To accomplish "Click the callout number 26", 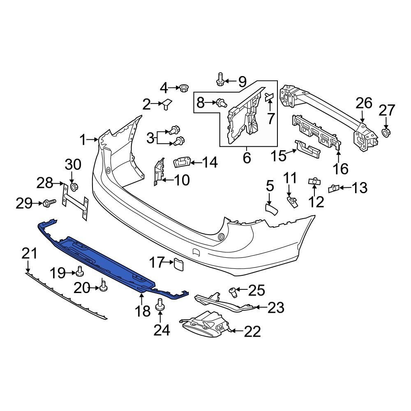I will pos(364,103).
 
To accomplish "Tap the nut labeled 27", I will pos(386,132).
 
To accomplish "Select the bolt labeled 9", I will pos(219,79).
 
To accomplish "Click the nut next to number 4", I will pos(183,88).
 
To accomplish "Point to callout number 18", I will pos(143,311).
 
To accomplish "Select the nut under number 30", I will pos(74,187).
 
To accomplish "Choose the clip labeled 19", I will pos(80,272).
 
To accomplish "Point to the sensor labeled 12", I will pos(314,181).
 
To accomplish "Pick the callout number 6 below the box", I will pos(247,158).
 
